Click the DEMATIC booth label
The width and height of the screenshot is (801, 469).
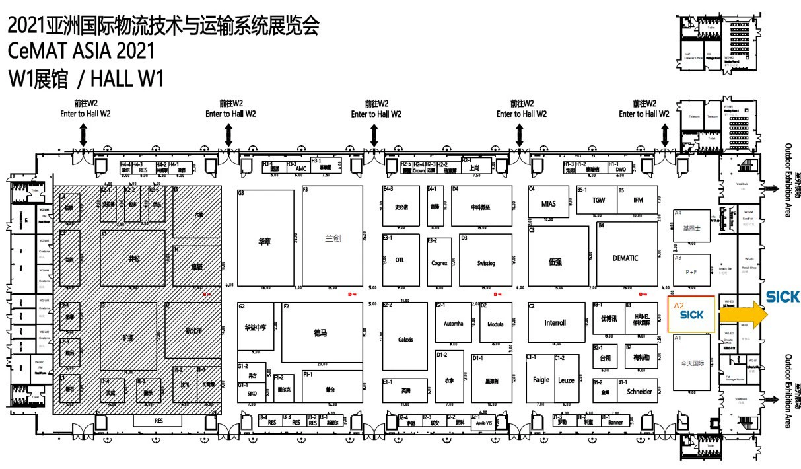point(625,258)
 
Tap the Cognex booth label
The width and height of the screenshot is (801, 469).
point(439,263)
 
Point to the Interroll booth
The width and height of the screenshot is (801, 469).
point(555,323)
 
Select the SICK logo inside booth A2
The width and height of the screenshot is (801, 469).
point(691,315)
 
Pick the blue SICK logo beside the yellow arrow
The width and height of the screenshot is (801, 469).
point(783,297)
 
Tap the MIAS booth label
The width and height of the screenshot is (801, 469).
point(549,204)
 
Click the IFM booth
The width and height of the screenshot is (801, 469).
point(638,200)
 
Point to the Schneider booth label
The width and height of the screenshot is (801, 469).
point(638,392)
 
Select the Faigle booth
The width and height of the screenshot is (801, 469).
point(541,380)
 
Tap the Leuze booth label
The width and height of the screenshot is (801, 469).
point(566,380)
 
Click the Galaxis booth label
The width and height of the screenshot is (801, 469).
point(405,340)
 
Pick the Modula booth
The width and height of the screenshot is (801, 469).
point(495,324)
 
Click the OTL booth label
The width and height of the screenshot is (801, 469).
point(400,260)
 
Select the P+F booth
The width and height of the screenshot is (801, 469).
point(691,272)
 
